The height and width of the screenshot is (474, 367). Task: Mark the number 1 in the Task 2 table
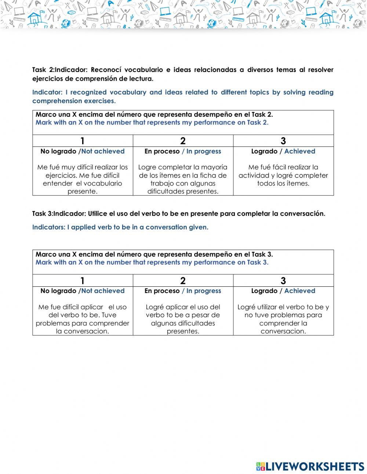pos(82,141)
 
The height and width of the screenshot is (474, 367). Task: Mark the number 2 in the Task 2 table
pos(183,141)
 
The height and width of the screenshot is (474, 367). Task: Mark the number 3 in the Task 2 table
pos(283,141)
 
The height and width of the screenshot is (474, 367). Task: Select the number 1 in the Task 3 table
pos(82,281)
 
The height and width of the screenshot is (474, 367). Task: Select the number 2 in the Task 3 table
pos(183,281)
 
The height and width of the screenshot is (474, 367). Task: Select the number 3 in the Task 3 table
pos(283,281)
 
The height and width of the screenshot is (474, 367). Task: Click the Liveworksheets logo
pos(310,466)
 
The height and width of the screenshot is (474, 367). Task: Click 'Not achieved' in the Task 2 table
pos(103,151)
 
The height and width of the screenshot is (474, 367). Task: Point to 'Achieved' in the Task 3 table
pos(299,291)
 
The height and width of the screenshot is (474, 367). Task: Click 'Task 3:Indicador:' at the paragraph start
pos(59,214)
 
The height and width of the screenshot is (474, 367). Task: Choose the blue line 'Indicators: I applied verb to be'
pos(120,227)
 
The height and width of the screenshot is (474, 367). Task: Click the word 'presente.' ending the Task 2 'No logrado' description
pos(82,192)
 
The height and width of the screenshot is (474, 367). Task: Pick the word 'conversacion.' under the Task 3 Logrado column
pos(283,332)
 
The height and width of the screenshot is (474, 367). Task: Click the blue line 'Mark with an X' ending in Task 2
pos(152,123)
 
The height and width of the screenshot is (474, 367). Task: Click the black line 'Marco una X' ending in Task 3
pos(154,254)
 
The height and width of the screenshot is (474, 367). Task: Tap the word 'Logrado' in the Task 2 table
pos(264,151)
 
